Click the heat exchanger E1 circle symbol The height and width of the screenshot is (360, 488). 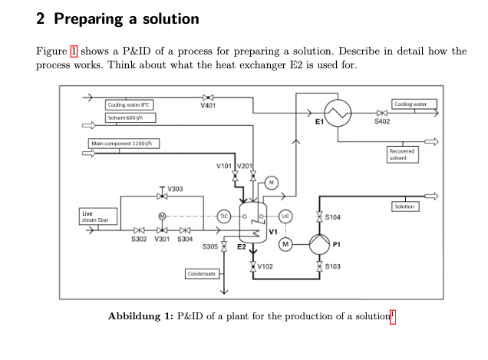tap(338, 113)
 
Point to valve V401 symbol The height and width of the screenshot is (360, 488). tap(208, 97)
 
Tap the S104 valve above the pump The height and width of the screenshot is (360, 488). tap(319, 217)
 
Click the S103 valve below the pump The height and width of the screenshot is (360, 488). tap(319, 267)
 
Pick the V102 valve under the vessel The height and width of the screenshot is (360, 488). tap(252, 267)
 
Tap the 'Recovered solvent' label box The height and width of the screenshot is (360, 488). tap(402, 154)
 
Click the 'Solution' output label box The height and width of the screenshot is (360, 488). tap(404, 206)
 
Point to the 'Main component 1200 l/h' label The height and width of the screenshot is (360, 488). tap(125, 144)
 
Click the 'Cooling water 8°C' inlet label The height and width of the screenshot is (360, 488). tap(130, 104)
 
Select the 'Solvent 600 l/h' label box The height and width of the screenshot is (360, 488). tap(130, 118)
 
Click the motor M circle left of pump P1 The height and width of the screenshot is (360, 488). tap(285, 244)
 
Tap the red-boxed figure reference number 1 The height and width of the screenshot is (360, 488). tap(74, 51)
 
